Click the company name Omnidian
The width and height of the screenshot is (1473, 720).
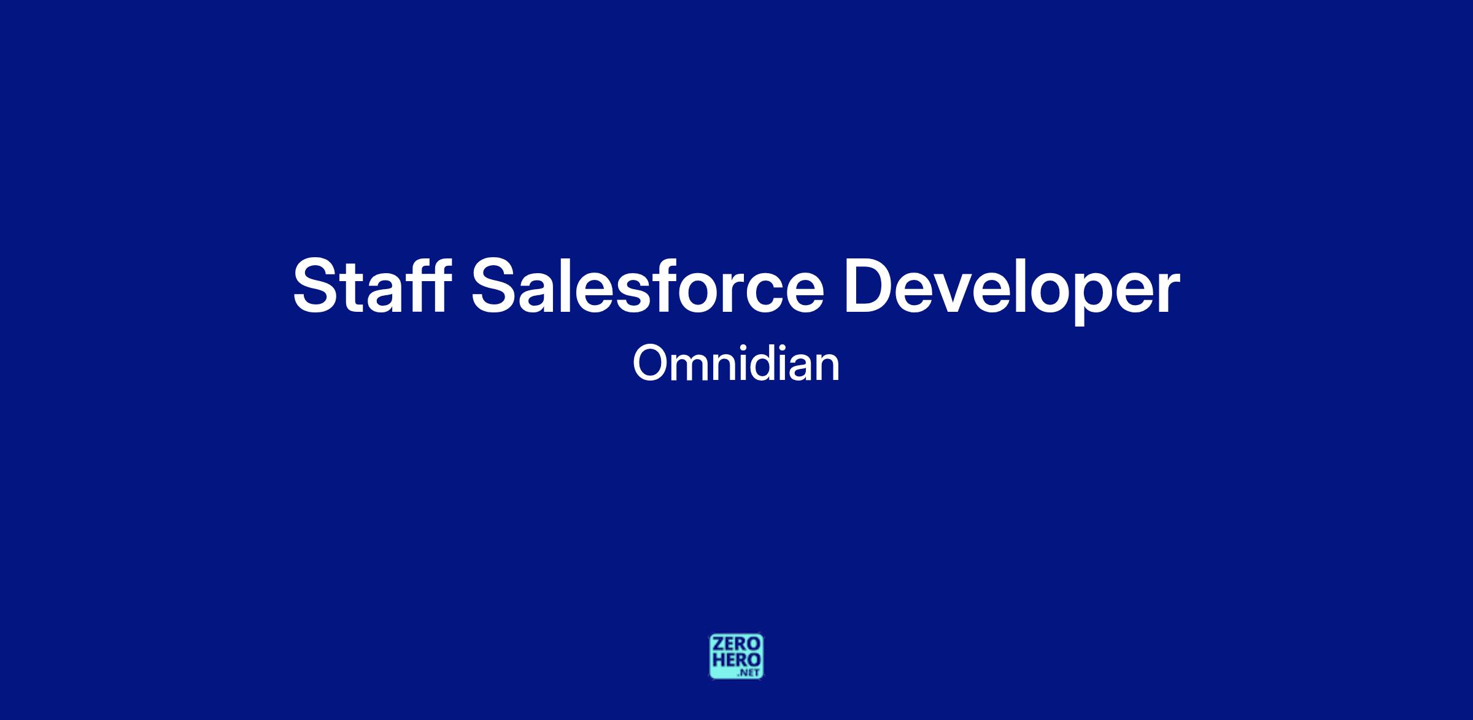pyautogui.click(x=736, y=363)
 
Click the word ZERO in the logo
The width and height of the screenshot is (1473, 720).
pyautogui.click(x=736, y=644)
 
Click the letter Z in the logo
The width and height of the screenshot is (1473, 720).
pyautogui.click(x=717, y=644)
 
